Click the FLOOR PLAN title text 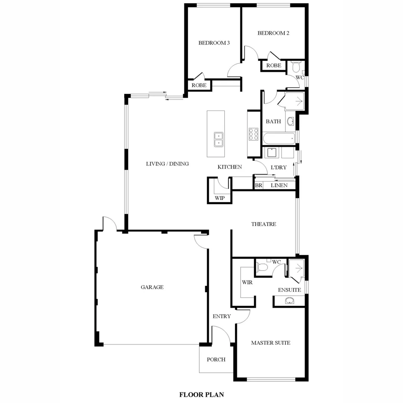click(x=201, y=394)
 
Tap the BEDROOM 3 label click(x=214, y=43)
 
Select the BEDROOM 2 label click(x=274, y=33)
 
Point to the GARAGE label click(x=152, y=287)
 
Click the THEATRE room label click(x=263, y=224)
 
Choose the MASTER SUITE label click(x=271, y=343)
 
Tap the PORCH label click(x=216, y=360)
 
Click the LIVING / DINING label click(x=167, y=163)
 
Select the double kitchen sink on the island click(x=218, y=139)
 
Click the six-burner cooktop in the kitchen click(x=254, y=134)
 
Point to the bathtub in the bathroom click(x=279, y=139)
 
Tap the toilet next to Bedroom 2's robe click(x=296, y=67)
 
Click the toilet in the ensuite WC click(x=263, y=267)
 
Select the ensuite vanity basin click(x=289, y=301)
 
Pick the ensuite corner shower click(x=297, y=269)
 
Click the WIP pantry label click(x=219, y=198)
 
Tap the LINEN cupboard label click(x=279, y=185)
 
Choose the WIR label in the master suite click(x=247, y=282)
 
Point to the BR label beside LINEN click(x=258, y=185)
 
